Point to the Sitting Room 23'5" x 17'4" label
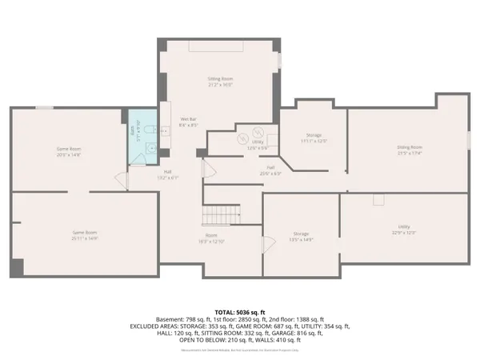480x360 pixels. (409, 150)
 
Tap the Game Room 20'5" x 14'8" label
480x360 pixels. (68, 152)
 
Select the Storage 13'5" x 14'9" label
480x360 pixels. (301, 238)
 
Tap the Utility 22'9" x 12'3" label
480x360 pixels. (404, 230)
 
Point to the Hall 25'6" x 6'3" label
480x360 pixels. (250, 170)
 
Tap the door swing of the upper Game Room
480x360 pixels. (122, 180)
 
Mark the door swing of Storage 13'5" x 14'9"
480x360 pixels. (267, 245)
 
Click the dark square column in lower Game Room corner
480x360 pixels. (18, 267)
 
